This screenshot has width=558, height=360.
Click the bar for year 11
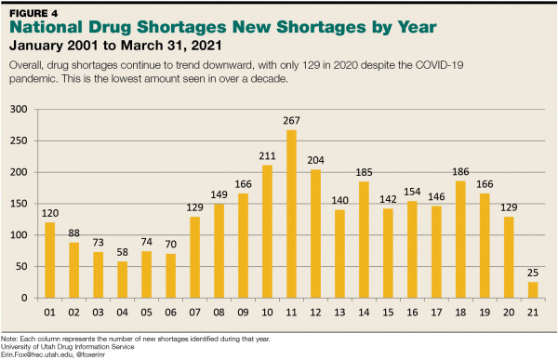291,214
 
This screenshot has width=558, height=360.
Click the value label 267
291,120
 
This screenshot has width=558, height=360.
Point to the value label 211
267,155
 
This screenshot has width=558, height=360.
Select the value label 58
122,252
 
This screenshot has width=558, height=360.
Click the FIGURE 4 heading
35,13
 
